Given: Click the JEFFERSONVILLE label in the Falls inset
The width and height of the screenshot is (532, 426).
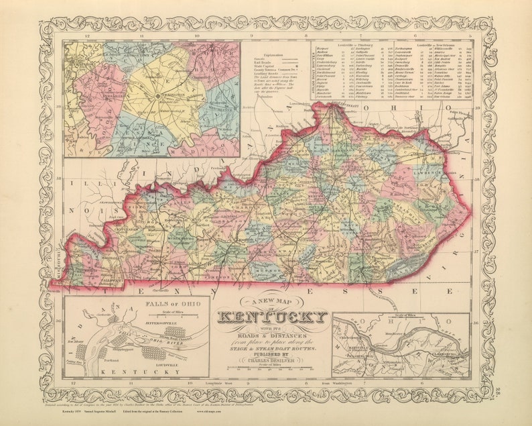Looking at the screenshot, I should tap(168, 322).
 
